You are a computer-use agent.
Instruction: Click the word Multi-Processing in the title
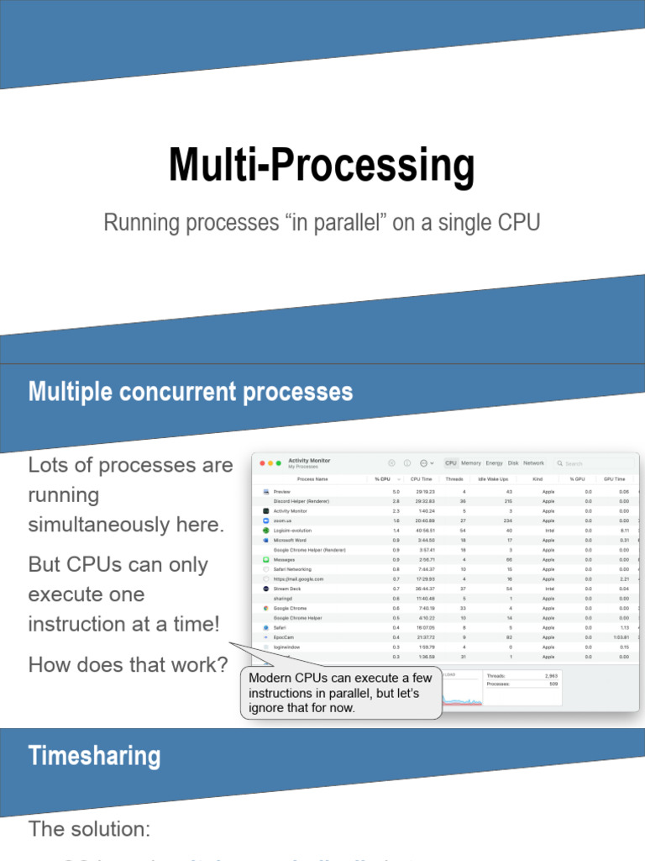321,166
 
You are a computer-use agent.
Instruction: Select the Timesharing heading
94,755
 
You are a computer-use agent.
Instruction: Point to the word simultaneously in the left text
126,525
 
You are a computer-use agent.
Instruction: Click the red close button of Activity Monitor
261,463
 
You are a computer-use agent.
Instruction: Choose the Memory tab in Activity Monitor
471,463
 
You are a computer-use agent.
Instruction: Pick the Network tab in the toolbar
534,463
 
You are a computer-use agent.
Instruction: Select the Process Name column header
312,478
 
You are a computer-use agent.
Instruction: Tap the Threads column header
454,478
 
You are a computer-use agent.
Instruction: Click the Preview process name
282,491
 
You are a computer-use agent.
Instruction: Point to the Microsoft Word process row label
290,540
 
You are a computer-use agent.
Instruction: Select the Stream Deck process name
286,589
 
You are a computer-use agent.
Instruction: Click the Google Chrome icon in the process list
265,608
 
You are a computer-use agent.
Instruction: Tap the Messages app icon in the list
265,559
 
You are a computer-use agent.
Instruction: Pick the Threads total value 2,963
551,675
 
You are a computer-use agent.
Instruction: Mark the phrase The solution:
89,829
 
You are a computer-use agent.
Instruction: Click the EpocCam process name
284,637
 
